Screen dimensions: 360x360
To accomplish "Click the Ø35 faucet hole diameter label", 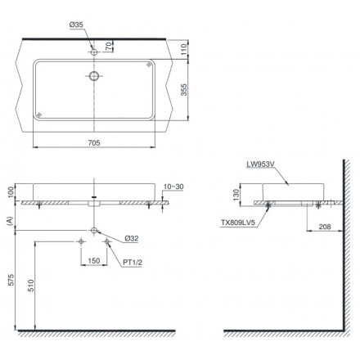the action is [76, 25].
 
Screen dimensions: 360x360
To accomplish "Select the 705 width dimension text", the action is [94, 142].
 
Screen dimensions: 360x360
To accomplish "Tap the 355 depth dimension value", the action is [184, 90].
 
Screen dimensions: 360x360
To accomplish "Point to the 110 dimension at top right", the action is [184, 49].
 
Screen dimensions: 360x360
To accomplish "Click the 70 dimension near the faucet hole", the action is [108, 47].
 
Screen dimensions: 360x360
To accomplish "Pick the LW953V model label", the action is [260, 164].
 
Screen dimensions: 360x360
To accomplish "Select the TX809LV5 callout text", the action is [238, 223].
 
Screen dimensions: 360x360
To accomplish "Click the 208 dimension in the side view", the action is [325, 227].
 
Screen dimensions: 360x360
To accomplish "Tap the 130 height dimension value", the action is [236, 195].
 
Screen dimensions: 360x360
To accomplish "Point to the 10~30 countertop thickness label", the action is [173, 187].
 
